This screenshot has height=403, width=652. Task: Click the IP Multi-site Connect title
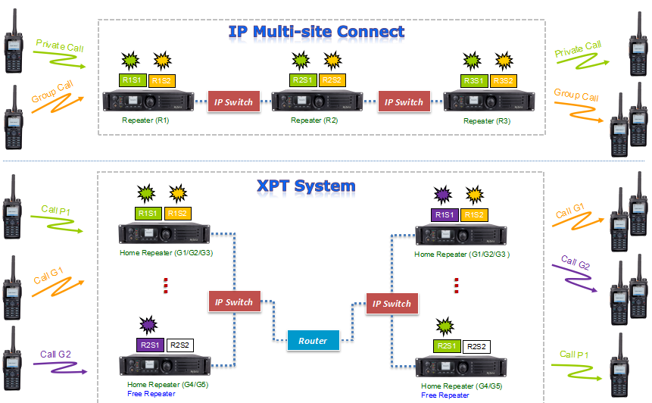pyautogui.click(x=316, y=32)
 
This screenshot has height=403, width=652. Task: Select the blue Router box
pyautogui.click(x=313, y=341)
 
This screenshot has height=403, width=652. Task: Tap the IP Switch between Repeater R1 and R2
pyautogui.click(x=234, y=102)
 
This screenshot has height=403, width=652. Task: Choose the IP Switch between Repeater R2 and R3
pyautogui.click(x=404, y=102)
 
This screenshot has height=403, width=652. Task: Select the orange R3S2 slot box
pyautogui.click(x=503, y=80)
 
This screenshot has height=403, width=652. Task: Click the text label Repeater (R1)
pyautogui.click(x=145, y=120)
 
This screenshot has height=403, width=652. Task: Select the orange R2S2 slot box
pyautogui.click(x=332, y=80)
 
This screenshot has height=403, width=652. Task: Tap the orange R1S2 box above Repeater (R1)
pyautogui.click(x=161, y=80)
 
